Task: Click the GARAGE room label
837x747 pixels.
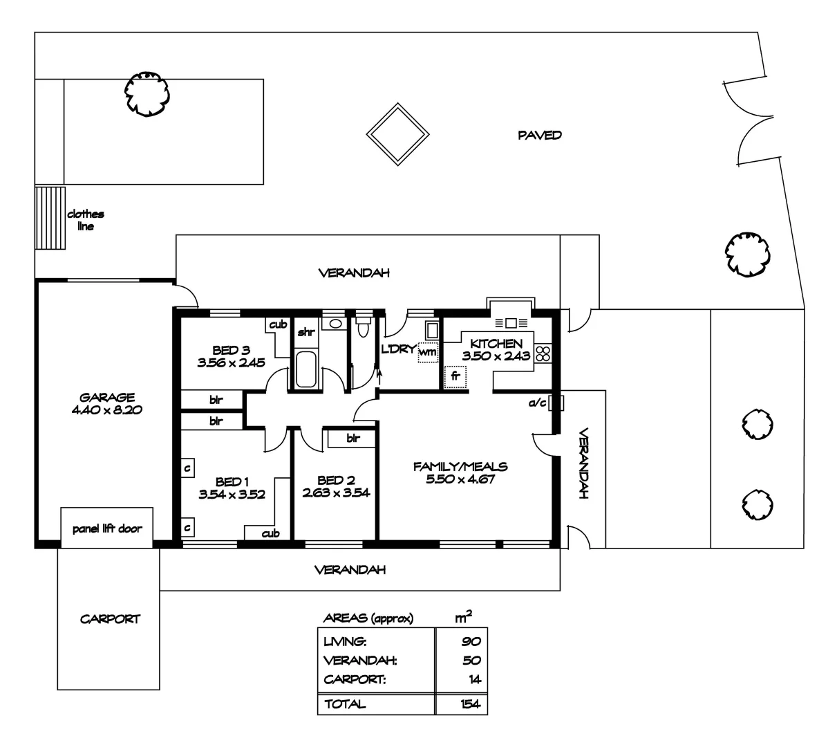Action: [x=106, y=397]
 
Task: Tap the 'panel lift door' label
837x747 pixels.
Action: [x=107, y=529]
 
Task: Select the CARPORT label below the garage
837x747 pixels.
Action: [x=110, y=619]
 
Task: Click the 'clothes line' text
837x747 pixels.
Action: [x=86, y=220]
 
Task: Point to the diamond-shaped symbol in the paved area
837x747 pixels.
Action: [x=397, y=134]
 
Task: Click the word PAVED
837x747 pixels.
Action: [x=540, y=136]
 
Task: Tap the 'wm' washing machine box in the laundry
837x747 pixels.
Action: [x=428, y=351]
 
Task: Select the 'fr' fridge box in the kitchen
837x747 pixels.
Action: [x=455, y=377]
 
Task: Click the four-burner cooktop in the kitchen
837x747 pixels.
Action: [x=543, y=354]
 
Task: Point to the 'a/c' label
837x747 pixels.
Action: [x=538, y=402]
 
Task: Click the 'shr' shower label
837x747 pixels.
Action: [x=305, y=333]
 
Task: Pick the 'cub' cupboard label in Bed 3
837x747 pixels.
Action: [x=278, y=324]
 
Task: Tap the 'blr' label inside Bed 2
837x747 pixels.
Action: [x=352, y=438]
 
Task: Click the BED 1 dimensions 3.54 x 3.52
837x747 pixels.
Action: [x=232, y=495]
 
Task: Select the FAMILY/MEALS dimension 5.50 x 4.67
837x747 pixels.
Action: [x=460, y=479]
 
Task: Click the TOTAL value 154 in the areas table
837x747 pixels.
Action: [x=470, y=705]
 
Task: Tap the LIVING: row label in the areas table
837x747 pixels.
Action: [x=340, y=642]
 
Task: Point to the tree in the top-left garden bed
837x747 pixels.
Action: [x=147, y=93]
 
